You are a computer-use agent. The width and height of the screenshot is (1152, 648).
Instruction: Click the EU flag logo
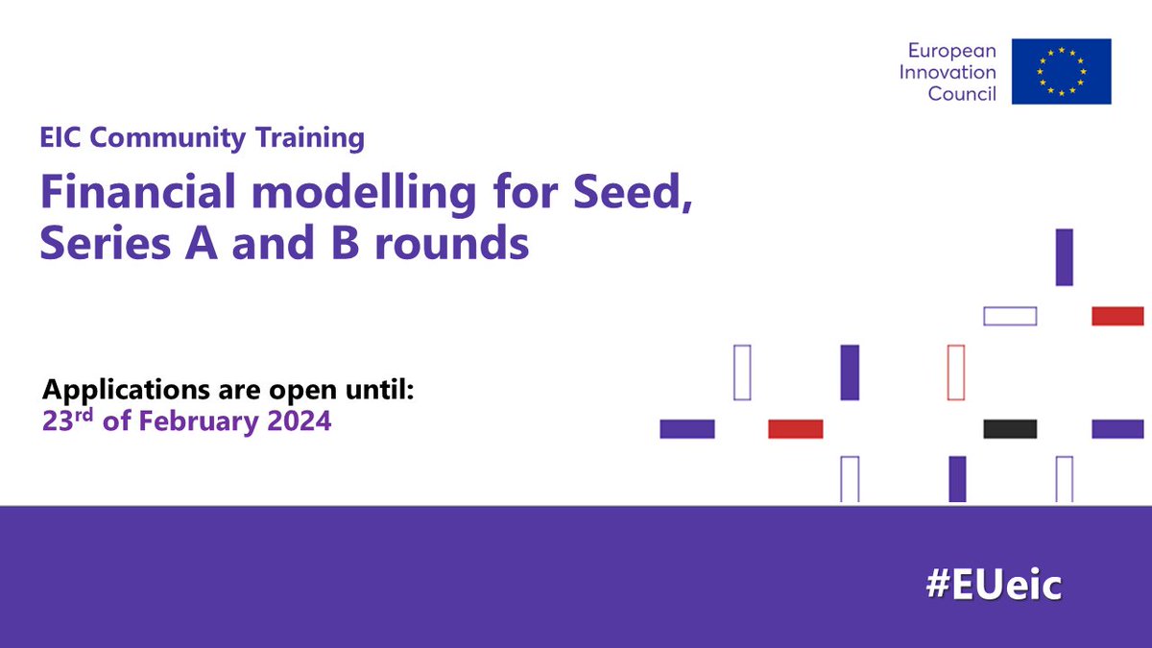coord(1061,71)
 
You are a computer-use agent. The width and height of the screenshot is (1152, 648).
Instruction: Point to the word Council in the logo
coord(962,93)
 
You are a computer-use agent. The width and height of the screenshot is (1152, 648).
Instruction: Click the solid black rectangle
coord(1010,429)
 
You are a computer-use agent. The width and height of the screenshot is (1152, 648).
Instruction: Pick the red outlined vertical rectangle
coord(955,372)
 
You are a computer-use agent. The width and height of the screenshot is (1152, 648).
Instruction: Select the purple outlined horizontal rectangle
coord(1010,316)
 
